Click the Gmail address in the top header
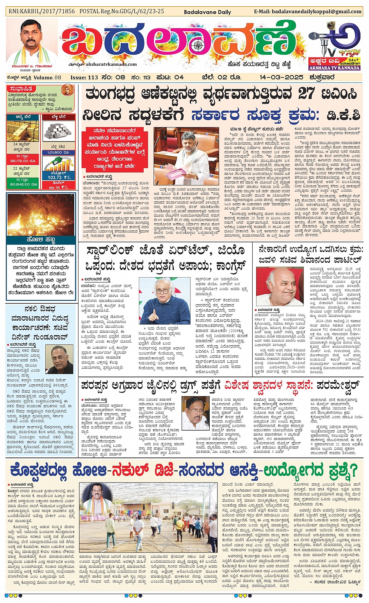click(308, 12)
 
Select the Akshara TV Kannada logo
click(334, 47)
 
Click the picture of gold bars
click(22, 131)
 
